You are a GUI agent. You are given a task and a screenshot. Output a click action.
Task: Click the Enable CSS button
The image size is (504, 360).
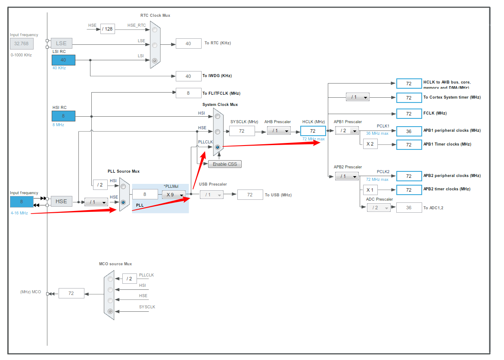pyautogui.click(x=225, y=164)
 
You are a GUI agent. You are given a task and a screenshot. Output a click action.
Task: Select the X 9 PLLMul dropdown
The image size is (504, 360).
pyautogui.click(x=174, y=195)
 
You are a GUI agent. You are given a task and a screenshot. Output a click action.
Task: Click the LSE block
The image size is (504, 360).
pyautogui.click(x=61, y=43)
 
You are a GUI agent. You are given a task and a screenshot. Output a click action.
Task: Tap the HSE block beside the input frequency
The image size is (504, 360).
pyautogui.click(x=61, y=201)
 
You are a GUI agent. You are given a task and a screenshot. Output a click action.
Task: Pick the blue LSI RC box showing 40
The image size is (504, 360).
pyautogui.click(x=63, y=60)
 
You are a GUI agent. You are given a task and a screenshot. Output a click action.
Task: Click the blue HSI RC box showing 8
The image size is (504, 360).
pyautogui.click(x=63, y=116)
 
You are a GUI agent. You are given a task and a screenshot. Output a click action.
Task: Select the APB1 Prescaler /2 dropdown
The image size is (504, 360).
pyautogui.click(x=347, y=130)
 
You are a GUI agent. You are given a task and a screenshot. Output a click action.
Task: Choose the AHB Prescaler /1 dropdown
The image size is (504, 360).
pyautogui.click(x=278, y=130)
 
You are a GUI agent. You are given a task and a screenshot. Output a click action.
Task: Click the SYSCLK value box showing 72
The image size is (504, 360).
pyautogui.click(x=242, y=131)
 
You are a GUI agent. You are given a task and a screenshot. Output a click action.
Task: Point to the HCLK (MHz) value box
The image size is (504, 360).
pyautogui.click(x=313, y=131)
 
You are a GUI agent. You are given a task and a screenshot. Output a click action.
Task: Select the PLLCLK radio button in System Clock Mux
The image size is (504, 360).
pyautogui.click(x=218, y=147)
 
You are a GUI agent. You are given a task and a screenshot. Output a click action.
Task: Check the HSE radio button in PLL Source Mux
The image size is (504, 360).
pyautogui.click(x=123, y=202)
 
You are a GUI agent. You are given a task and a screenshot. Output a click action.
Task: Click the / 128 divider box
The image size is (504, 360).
pyautogui.click(x=107, y=29)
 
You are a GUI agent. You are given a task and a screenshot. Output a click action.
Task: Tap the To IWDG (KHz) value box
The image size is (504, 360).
pyautogui.click(x=188, y=76)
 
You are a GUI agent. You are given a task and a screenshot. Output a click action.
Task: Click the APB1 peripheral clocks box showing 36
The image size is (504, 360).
pyautogui.click(x=409, y=131)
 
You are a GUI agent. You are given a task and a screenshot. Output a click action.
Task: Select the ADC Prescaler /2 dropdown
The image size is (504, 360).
pyautogui.click(x=378, y=208)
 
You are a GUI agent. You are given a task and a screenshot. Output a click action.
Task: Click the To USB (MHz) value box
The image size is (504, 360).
pyautogui.click(x=250, y=195)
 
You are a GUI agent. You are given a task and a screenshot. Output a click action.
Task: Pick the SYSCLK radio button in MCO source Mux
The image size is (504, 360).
pyautogui.click(x=110, y=311)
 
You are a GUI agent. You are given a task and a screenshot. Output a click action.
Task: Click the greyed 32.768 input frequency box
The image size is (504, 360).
pyautogui.click(x=22, y=43)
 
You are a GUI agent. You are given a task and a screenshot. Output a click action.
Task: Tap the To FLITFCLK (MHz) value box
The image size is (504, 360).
pyautogui.click(x=188, y=93)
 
